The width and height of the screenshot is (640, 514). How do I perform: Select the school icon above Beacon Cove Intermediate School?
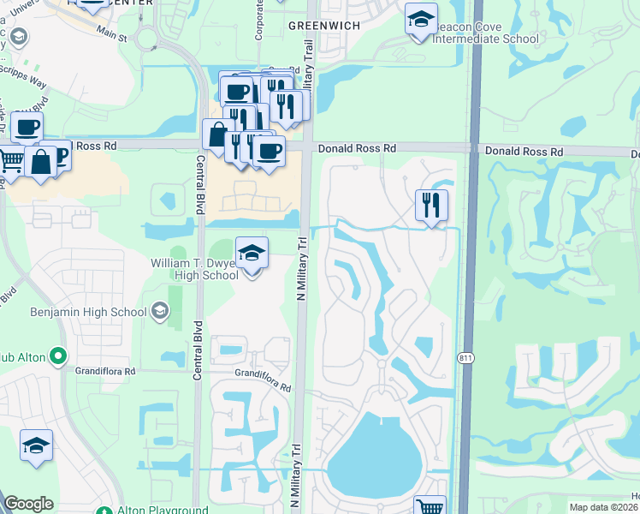tap(420, 19)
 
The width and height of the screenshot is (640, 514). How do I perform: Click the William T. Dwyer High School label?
tap(194, 269)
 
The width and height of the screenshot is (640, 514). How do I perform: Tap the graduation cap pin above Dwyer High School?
tap(252, 254)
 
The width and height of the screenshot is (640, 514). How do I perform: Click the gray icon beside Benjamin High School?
tap(159, 311)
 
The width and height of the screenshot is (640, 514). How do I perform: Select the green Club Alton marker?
tap(57, 355)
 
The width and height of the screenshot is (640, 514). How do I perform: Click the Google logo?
tap(28, 504)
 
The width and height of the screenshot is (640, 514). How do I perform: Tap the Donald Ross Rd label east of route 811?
tap(524, 152)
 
